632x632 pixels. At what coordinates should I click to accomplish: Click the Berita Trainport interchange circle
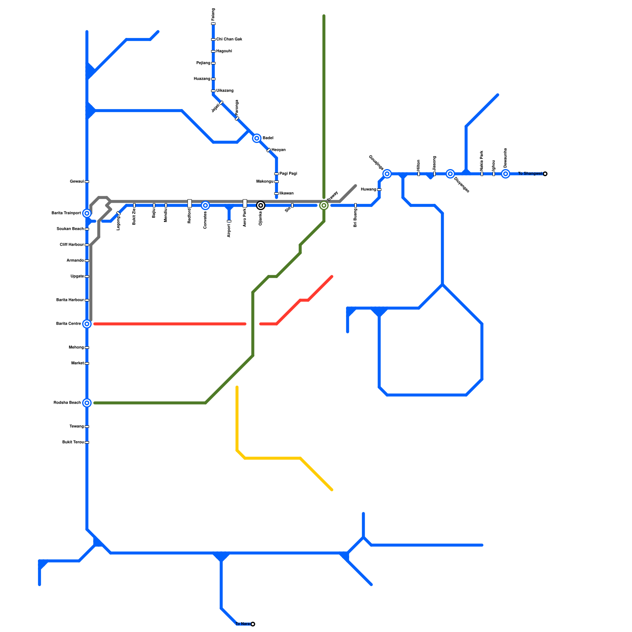pyautogui.click(x=87, y=213)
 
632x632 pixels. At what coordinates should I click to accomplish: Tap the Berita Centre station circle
pyautogui.click(x=87, y=324)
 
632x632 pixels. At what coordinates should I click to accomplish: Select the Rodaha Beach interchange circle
pyautogui.click(x=87, y=403)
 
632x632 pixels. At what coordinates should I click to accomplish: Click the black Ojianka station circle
pyautogui.click(x=261, y=205)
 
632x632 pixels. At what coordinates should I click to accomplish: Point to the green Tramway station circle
pyautogui.click(x=324, y=205)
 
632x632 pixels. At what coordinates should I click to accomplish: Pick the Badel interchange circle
pyautogui.click(x=257, y=138)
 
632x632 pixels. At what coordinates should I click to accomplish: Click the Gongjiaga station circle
pyautogui.click(x=387, y=174)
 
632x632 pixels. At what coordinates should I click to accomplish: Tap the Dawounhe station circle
pyautogui.click(x=506, y=174)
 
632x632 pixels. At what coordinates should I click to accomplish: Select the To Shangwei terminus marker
pyautogui.click(x=545, y=174)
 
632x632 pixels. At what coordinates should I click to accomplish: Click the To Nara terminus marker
pyautogui.click(x=253, y=624)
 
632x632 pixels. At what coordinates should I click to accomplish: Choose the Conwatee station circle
pyautogui.click(x=205, y=205)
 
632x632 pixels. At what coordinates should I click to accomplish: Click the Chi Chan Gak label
pyautogui.click(x=229, y=39)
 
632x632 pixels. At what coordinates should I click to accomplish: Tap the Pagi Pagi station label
pyautogui.click(x=288, y=174)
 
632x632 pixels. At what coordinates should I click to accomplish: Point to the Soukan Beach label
pyautogui.click(x=70, y=229)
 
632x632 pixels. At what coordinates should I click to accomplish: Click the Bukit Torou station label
pyautogui.click(x=73, y=442)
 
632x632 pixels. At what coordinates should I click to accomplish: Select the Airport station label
pyautogui.click(x=229, y=231)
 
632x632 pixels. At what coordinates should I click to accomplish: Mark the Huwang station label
pyautogui.click(x=368, y=190)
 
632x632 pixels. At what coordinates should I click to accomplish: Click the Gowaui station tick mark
pyautogui.click(x=87, y=182)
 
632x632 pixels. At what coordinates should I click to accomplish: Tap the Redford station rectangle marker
pyautogui.click(x=190, y=203)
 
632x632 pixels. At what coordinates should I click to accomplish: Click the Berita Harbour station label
pyautogui.click(x=70, y=300)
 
